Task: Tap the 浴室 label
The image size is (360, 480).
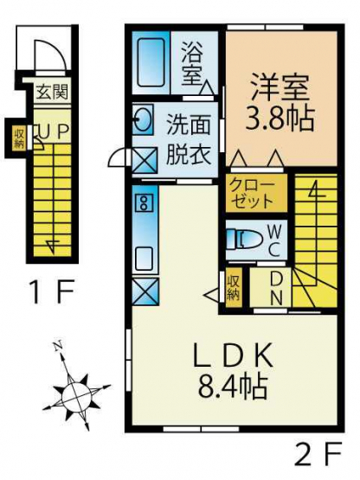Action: [192, 64]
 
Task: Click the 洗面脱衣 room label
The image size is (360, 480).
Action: [189, 140]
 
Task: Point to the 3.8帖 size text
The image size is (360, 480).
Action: [280, 118]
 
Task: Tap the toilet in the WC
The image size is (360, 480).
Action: [245, 239]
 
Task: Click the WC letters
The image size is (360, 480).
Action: [274, 240]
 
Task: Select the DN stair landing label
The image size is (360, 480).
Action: [276, 288]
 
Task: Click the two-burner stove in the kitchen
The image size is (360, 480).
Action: [144, 202]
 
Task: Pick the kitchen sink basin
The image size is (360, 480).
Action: [144, 259]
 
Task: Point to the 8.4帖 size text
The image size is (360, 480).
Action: [233, 387]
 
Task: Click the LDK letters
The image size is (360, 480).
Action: [233, 355]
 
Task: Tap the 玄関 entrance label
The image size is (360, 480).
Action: [52, 92]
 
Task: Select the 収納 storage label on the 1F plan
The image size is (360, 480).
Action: [19, 139]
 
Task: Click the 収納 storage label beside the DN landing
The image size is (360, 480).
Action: [234, 287]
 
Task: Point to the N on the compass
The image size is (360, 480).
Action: [58, 346]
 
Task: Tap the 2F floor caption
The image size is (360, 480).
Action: [318, 458]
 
